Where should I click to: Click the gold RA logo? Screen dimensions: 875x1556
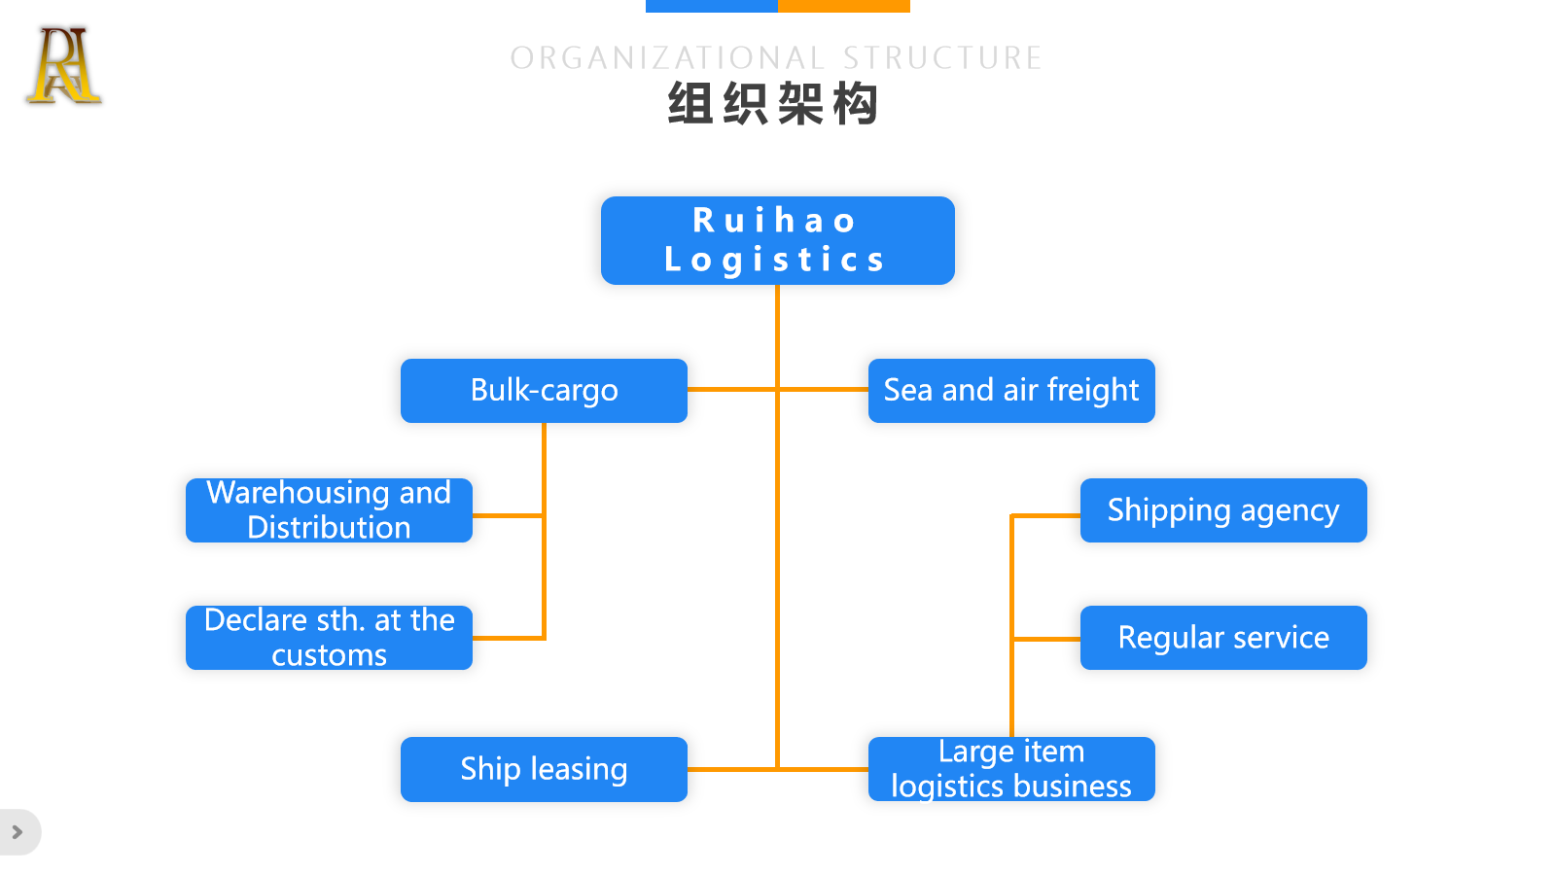click(63, 66)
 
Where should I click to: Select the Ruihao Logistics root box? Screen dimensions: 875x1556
click(777, 240)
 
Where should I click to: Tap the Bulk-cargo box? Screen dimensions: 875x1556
click(544, 391)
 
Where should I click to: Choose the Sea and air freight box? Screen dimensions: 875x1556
click(1011, 391)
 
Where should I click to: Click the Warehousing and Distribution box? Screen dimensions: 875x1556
click(329, 510)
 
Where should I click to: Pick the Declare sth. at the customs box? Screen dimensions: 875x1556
click(329, 638)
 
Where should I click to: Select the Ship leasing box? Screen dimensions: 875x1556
click(544, 769)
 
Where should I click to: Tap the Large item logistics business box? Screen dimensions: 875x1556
click(1011, 769)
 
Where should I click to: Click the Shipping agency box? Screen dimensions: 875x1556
click(1223, 510)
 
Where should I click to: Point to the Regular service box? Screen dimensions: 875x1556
click(1223, 638)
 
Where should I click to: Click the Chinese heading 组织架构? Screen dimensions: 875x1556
click(773, 104)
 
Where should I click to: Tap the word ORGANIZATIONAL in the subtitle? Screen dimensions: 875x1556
click(667, 58)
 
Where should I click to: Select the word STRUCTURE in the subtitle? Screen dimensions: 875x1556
click(942, 58)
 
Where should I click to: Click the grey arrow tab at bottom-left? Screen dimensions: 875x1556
click(18, 832)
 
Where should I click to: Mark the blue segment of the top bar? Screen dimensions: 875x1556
click(711, 6)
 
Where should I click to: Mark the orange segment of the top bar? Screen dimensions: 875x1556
click(844, 6)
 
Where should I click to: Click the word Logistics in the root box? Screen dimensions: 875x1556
click(775, 260)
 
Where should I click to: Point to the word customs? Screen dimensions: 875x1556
click(329, 655)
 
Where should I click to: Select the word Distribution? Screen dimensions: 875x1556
click(329, 528)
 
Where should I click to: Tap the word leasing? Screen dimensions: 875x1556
click(579, 769)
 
